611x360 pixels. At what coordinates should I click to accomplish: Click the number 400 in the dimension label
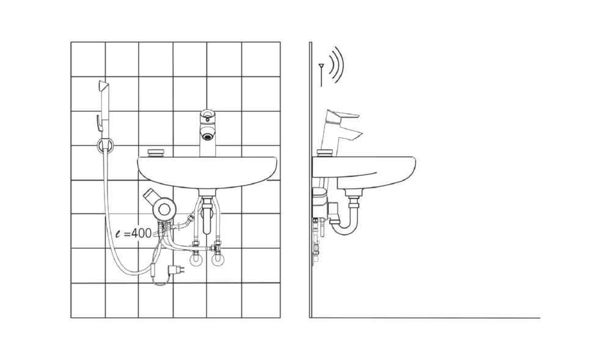[x=141, y=233]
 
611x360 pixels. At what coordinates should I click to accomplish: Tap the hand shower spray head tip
[x=103, y=85]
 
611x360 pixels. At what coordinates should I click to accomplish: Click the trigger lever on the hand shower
[x=98, y=122]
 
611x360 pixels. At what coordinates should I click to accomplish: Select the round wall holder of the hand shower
[x=105, y=145]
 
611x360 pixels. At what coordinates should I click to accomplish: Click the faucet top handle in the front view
[x=207, y=116]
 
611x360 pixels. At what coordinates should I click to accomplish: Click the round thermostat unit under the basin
[x=163, y=210]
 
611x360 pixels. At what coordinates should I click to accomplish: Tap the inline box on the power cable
[x=155, y=269]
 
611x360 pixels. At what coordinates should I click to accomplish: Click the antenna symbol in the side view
[x=321, y=75]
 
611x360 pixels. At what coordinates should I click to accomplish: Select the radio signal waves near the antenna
[x=336, y=65]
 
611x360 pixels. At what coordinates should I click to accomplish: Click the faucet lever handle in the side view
[x=342, y=116]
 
